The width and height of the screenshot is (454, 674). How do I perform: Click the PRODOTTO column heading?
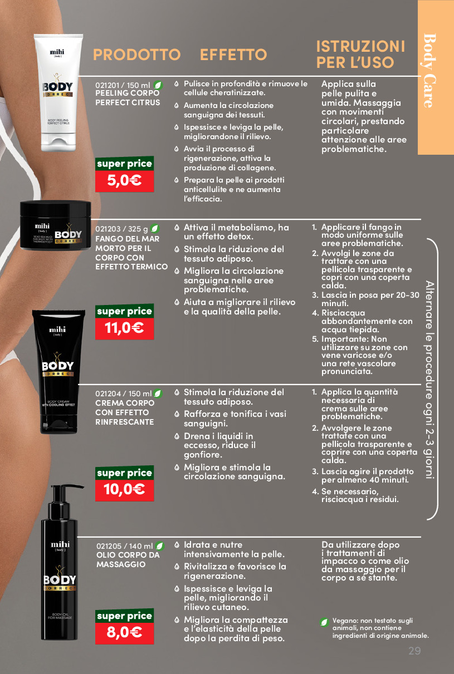point(136,55)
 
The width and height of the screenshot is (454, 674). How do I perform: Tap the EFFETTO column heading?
point(233,55)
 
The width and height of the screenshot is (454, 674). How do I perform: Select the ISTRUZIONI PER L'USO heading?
point(360,54)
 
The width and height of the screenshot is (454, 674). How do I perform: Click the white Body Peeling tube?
point(58,92)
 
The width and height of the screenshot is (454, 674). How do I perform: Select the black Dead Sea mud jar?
point(55,225)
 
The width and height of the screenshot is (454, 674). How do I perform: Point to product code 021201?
point(107,86)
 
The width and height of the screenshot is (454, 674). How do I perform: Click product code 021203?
point(108,229)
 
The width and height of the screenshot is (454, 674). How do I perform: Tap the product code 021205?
point(109,546)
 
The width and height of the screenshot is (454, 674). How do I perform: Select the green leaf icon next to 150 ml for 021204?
point(158,393)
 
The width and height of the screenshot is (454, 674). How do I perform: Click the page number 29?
point(414,651)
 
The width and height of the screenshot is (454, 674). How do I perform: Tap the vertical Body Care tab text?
point(429,71)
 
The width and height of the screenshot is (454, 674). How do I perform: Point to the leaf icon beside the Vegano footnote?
point(324,622)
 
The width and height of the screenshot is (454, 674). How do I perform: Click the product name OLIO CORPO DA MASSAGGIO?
point(128,560)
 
